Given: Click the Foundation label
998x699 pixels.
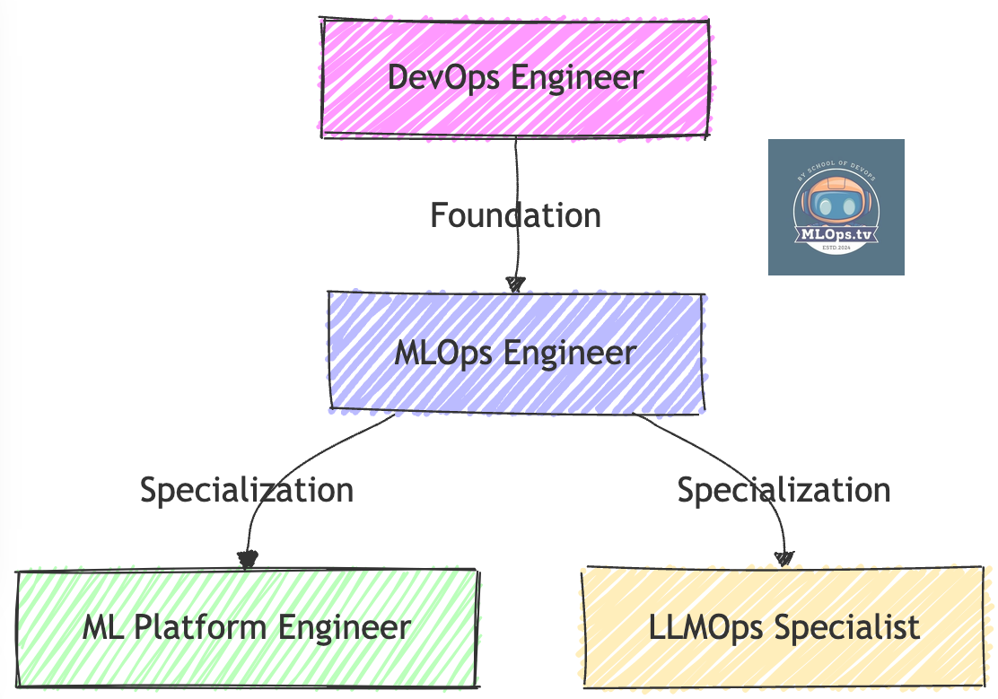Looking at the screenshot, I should tap(515, 216).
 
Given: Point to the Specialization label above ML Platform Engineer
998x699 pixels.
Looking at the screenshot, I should tap(247, 490).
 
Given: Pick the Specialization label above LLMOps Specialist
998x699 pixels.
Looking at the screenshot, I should tap(784, 490).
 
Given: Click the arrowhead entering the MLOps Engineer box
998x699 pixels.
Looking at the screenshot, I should tap(515, 284).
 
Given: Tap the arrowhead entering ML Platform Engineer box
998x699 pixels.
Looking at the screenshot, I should tap(247, 560).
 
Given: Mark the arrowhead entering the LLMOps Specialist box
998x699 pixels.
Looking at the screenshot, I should tap(784, 558).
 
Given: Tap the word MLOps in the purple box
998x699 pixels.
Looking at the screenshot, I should tap(443, 353).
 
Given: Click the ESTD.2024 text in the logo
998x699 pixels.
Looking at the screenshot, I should tap(836, 247).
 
